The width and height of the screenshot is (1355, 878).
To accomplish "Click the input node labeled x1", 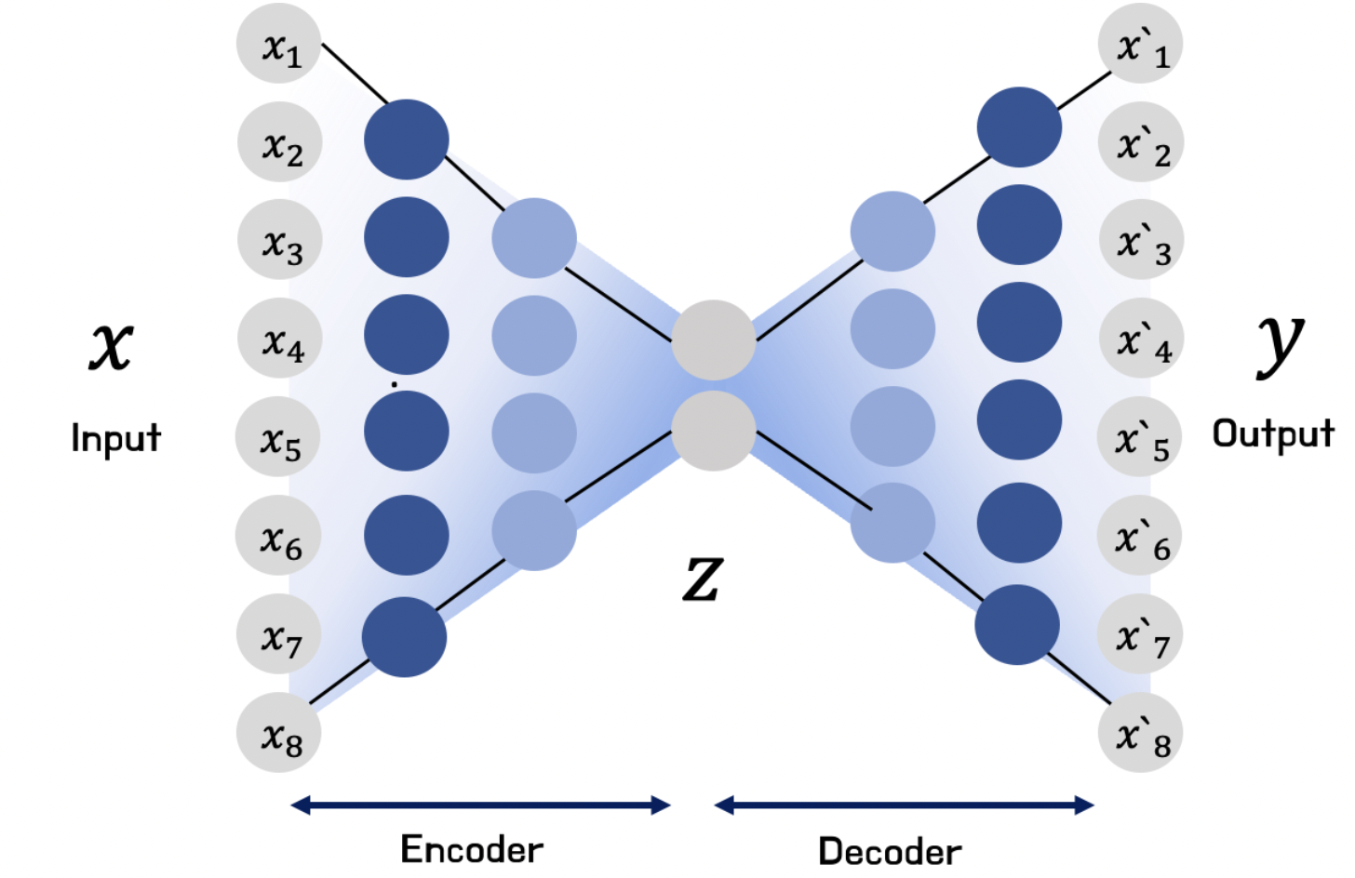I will click(278, 45).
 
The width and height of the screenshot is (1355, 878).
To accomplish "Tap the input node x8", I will click(278, 734).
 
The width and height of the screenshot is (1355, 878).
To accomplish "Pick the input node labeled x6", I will click(278, 537).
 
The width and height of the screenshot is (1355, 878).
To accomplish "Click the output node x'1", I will click(1140, 45).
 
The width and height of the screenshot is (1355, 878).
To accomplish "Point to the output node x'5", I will click(1140, 438).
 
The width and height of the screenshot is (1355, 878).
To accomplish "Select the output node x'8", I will click(1140, 734).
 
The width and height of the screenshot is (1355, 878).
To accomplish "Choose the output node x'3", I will click(1141, 241).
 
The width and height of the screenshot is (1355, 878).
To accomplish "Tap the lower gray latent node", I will click(713, 431).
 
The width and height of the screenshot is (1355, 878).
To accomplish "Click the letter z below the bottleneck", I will click(703, 577).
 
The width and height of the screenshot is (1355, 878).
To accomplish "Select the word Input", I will click(116, 438).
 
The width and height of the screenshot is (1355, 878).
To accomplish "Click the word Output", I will click(1272, 433).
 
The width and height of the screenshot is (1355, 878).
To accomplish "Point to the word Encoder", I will click(472, 849).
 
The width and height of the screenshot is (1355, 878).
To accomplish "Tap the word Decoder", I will click(890, 851).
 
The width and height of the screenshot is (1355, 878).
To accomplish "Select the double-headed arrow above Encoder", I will click(480, 805).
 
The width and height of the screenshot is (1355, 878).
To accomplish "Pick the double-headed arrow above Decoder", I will click(904, 805).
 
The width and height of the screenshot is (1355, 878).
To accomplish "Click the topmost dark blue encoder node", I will click(406, 140).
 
